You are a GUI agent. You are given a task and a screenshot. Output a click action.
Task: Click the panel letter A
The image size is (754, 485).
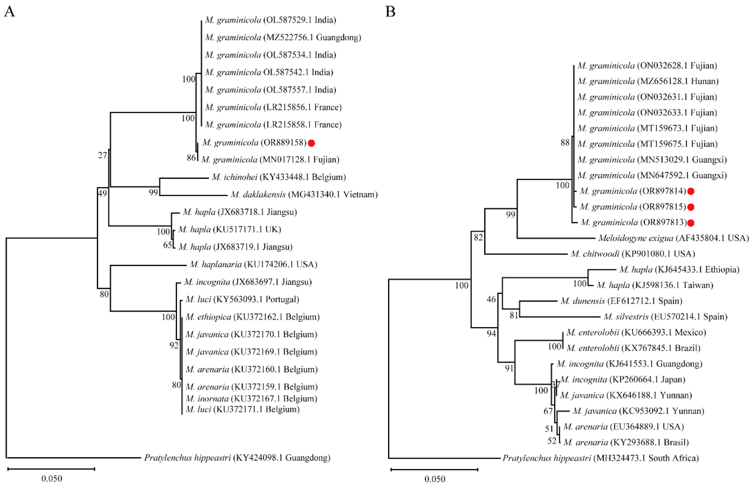9,12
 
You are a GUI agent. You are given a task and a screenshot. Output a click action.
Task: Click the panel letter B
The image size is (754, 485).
391,12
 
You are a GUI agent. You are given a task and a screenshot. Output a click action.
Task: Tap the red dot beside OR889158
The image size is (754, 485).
311,143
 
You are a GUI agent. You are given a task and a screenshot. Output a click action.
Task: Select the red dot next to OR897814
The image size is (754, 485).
691,191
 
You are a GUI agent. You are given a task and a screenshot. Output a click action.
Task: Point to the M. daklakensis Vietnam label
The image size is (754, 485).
304,195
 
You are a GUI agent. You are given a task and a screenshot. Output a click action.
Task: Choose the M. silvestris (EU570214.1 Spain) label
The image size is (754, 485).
665,317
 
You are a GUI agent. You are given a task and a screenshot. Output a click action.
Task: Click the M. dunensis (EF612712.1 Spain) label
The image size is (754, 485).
621,301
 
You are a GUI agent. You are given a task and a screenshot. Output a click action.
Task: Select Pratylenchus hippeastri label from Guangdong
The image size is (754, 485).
237,458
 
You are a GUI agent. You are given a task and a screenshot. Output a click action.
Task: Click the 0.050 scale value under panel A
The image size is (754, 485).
52,479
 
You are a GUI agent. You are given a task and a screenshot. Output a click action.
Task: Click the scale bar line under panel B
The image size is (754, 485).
434,469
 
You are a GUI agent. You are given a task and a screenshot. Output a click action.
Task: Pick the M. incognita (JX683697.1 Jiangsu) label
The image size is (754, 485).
248,282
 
